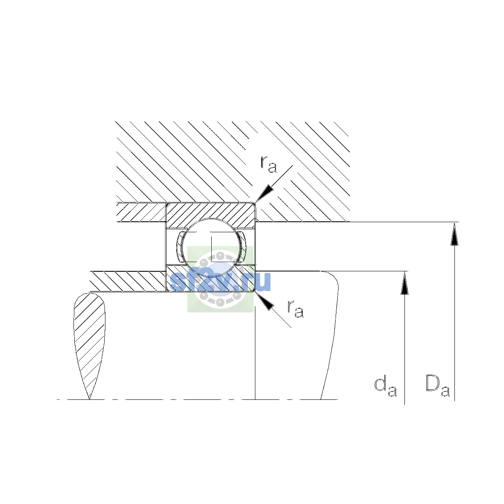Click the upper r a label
pyautogui.click(x=268, y=165)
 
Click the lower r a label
pyautogui.click(x=296, y=309)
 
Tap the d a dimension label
pyautogui.click(x=386, y=390)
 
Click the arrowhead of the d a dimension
pyautogui.click(x=404, y=283)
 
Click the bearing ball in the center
pyautogui.click(x=211, y=247)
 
